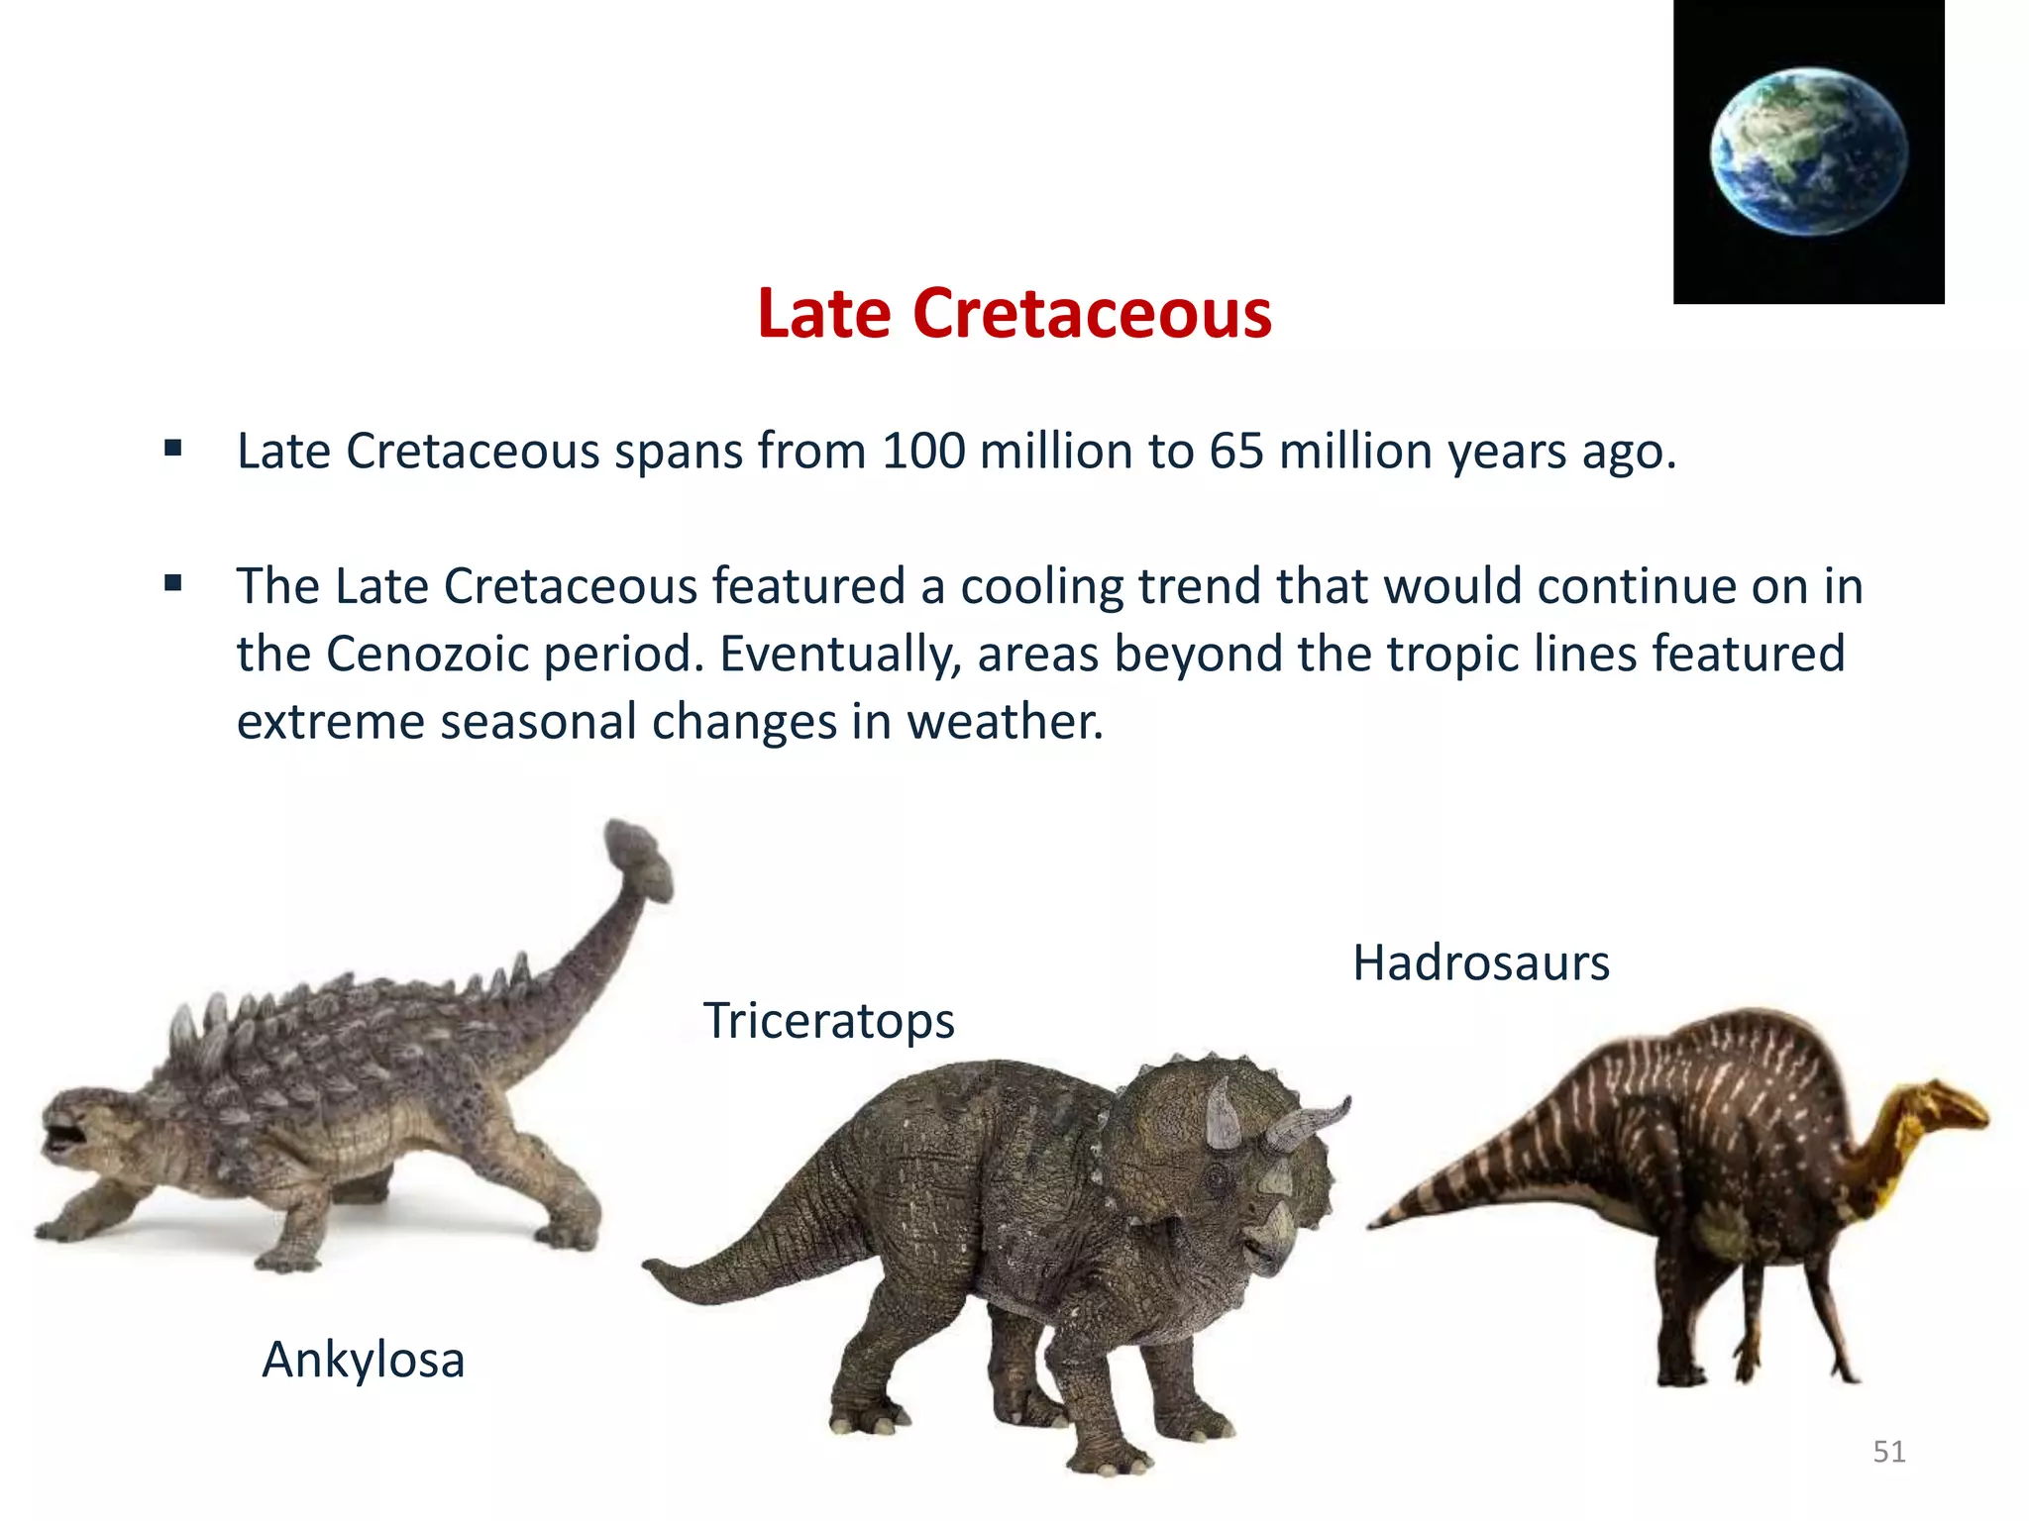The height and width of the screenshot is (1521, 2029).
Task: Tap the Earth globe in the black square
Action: (1809, 152)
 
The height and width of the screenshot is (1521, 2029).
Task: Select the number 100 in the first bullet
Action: (923, 452)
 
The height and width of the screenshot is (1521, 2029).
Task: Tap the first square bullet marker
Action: (173, 449)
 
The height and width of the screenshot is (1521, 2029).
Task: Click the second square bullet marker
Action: (173, 583)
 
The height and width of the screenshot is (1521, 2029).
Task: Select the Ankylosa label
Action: (363, 1360)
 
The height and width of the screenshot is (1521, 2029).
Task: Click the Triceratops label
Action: (828, 1021)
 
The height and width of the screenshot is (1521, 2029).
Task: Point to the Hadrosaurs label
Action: (1480, 963)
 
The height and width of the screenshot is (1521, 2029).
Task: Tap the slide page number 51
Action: (1888, 1452)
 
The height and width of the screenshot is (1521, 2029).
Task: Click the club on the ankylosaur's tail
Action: (639, 858)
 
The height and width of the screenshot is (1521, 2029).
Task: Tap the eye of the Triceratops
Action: (1217, 1177)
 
